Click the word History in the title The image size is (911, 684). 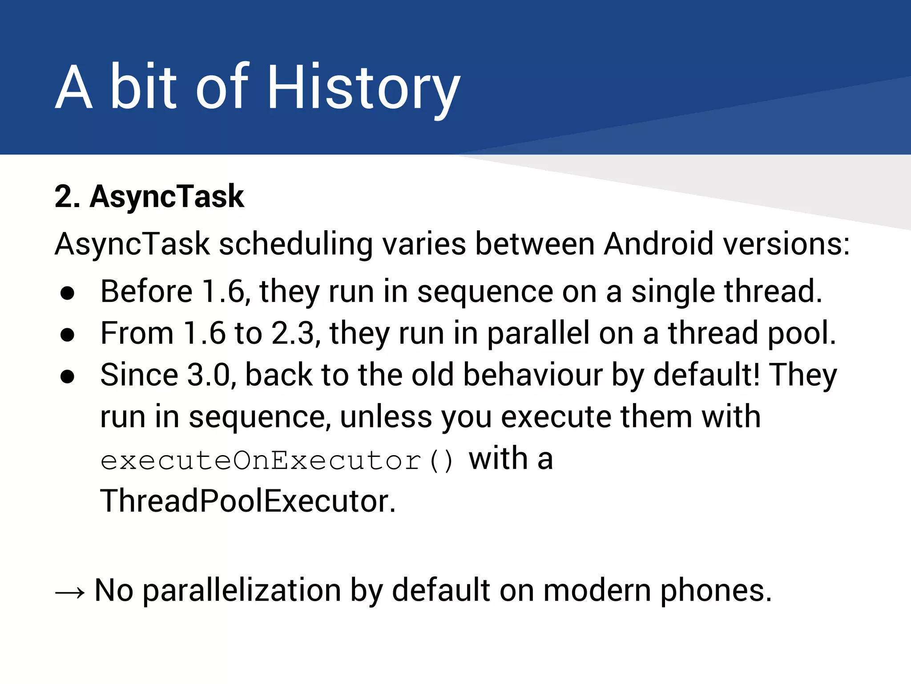click(363, 87)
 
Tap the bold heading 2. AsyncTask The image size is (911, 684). click(149, 196)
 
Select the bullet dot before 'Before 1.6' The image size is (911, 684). click(68, 293)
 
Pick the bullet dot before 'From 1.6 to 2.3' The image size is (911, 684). click(68, 335)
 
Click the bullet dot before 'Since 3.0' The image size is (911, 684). click(68, 377)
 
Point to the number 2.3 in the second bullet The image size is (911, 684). click(293, 333)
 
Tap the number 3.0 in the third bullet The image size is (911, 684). click(209, 375)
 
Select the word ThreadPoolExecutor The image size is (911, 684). click(247, 501)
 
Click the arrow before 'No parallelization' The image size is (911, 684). click(70, 593)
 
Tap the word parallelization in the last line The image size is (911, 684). click(242, 590)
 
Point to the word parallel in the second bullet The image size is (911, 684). click(538, 333)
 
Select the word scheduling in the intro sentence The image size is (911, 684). click(295, 244)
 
